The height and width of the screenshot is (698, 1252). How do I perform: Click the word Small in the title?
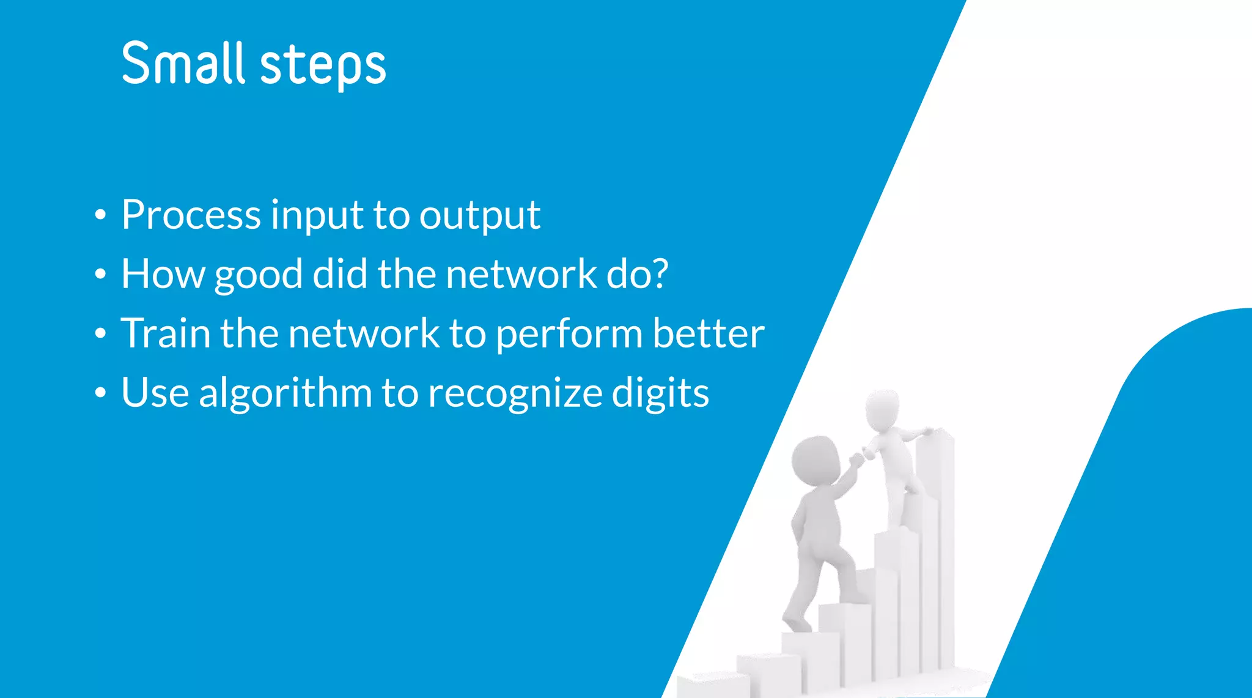[x=183, y=63]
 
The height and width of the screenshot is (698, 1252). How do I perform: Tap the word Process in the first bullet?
[x=191, y=215]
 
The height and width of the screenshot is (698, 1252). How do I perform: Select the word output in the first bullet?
[x=479, y=216]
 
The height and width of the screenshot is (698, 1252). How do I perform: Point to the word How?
[x=163, y=273]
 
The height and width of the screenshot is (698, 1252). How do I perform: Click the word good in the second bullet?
[x=258, y=275]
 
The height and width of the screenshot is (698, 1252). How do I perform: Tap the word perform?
[x=569, y=335]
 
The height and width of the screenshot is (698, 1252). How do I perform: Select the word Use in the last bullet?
[x=155, y=393]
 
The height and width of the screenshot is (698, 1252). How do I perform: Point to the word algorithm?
[x=285, y=393]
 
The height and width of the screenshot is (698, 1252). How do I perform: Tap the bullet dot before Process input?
[x=101, y=215]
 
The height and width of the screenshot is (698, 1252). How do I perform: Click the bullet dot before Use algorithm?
[x=101, y=393]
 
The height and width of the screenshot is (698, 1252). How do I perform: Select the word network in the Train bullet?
[x=363, y=333]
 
